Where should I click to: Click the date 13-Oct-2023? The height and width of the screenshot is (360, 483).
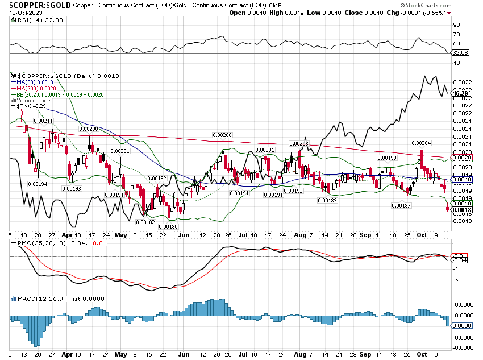pyautogui.click(x=21, y=13)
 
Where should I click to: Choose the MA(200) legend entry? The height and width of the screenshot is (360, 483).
pyautogui.click(x=35, y=88)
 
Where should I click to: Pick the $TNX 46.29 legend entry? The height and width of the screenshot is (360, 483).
pyautogui.click(x=32, y=106)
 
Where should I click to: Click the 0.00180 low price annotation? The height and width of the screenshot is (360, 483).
pyautogui.click(x=168, y=226)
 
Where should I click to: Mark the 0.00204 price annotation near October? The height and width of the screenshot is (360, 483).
pyautogui.click(x=422, y=143)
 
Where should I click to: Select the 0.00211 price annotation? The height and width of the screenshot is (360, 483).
pyautogui.click(x=43, y=121)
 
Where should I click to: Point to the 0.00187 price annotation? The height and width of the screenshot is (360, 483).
pyautogui.click(x=402, y=205)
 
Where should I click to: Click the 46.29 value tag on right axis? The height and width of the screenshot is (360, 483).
pyautogui.click(x=459, y=94)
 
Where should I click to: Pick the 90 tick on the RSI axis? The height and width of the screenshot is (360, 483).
pyautogui.click(x=456, y=25)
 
